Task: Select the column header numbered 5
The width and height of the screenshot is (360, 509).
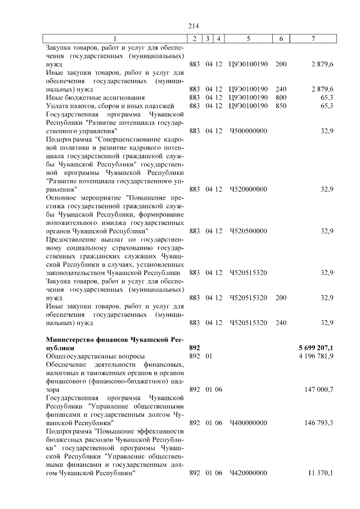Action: point(248,39)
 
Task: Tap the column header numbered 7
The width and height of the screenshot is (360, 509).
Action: point(314,39)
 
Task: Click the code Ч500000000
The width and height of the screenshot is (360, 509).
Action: point(248,130)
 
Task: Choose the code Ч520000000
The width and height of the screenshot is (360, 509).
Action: point(248,189)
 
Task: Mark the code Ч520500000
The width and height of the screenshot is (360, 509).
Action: point(248,231)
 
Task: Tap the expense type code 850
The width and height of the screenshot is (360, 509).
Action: point(281,106)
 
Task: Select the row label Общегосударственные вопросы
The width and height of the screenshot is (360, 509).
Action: point(94,356)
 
